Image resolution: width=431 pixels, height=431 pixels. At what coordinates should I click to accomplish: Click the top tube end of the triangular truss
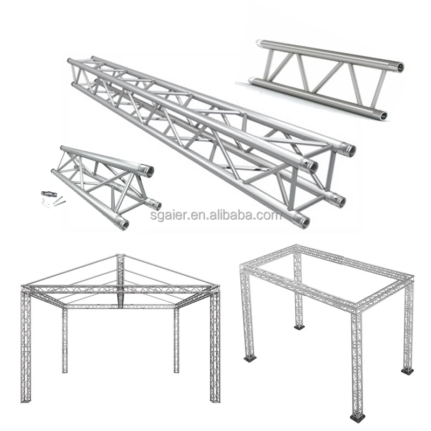click(147, 170)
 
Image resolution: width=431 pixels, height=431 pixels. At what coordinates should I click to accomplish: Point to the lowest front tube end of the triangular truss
click(123, 223)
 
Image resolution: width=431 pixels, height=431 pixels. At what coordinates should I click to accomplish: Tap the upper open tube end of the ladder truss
click(399, 67)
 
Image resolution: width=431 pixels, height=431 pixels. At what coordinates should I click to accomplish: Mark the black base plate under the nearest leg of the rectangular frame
click(357, 417)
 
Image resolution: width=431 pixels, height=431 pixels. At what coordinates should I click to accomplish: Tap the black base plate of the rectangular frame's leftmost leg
click(249, 358)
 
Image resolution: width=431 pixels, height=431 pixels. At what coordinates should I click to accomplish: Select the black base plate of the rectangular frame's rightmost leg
click(407, 370)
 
